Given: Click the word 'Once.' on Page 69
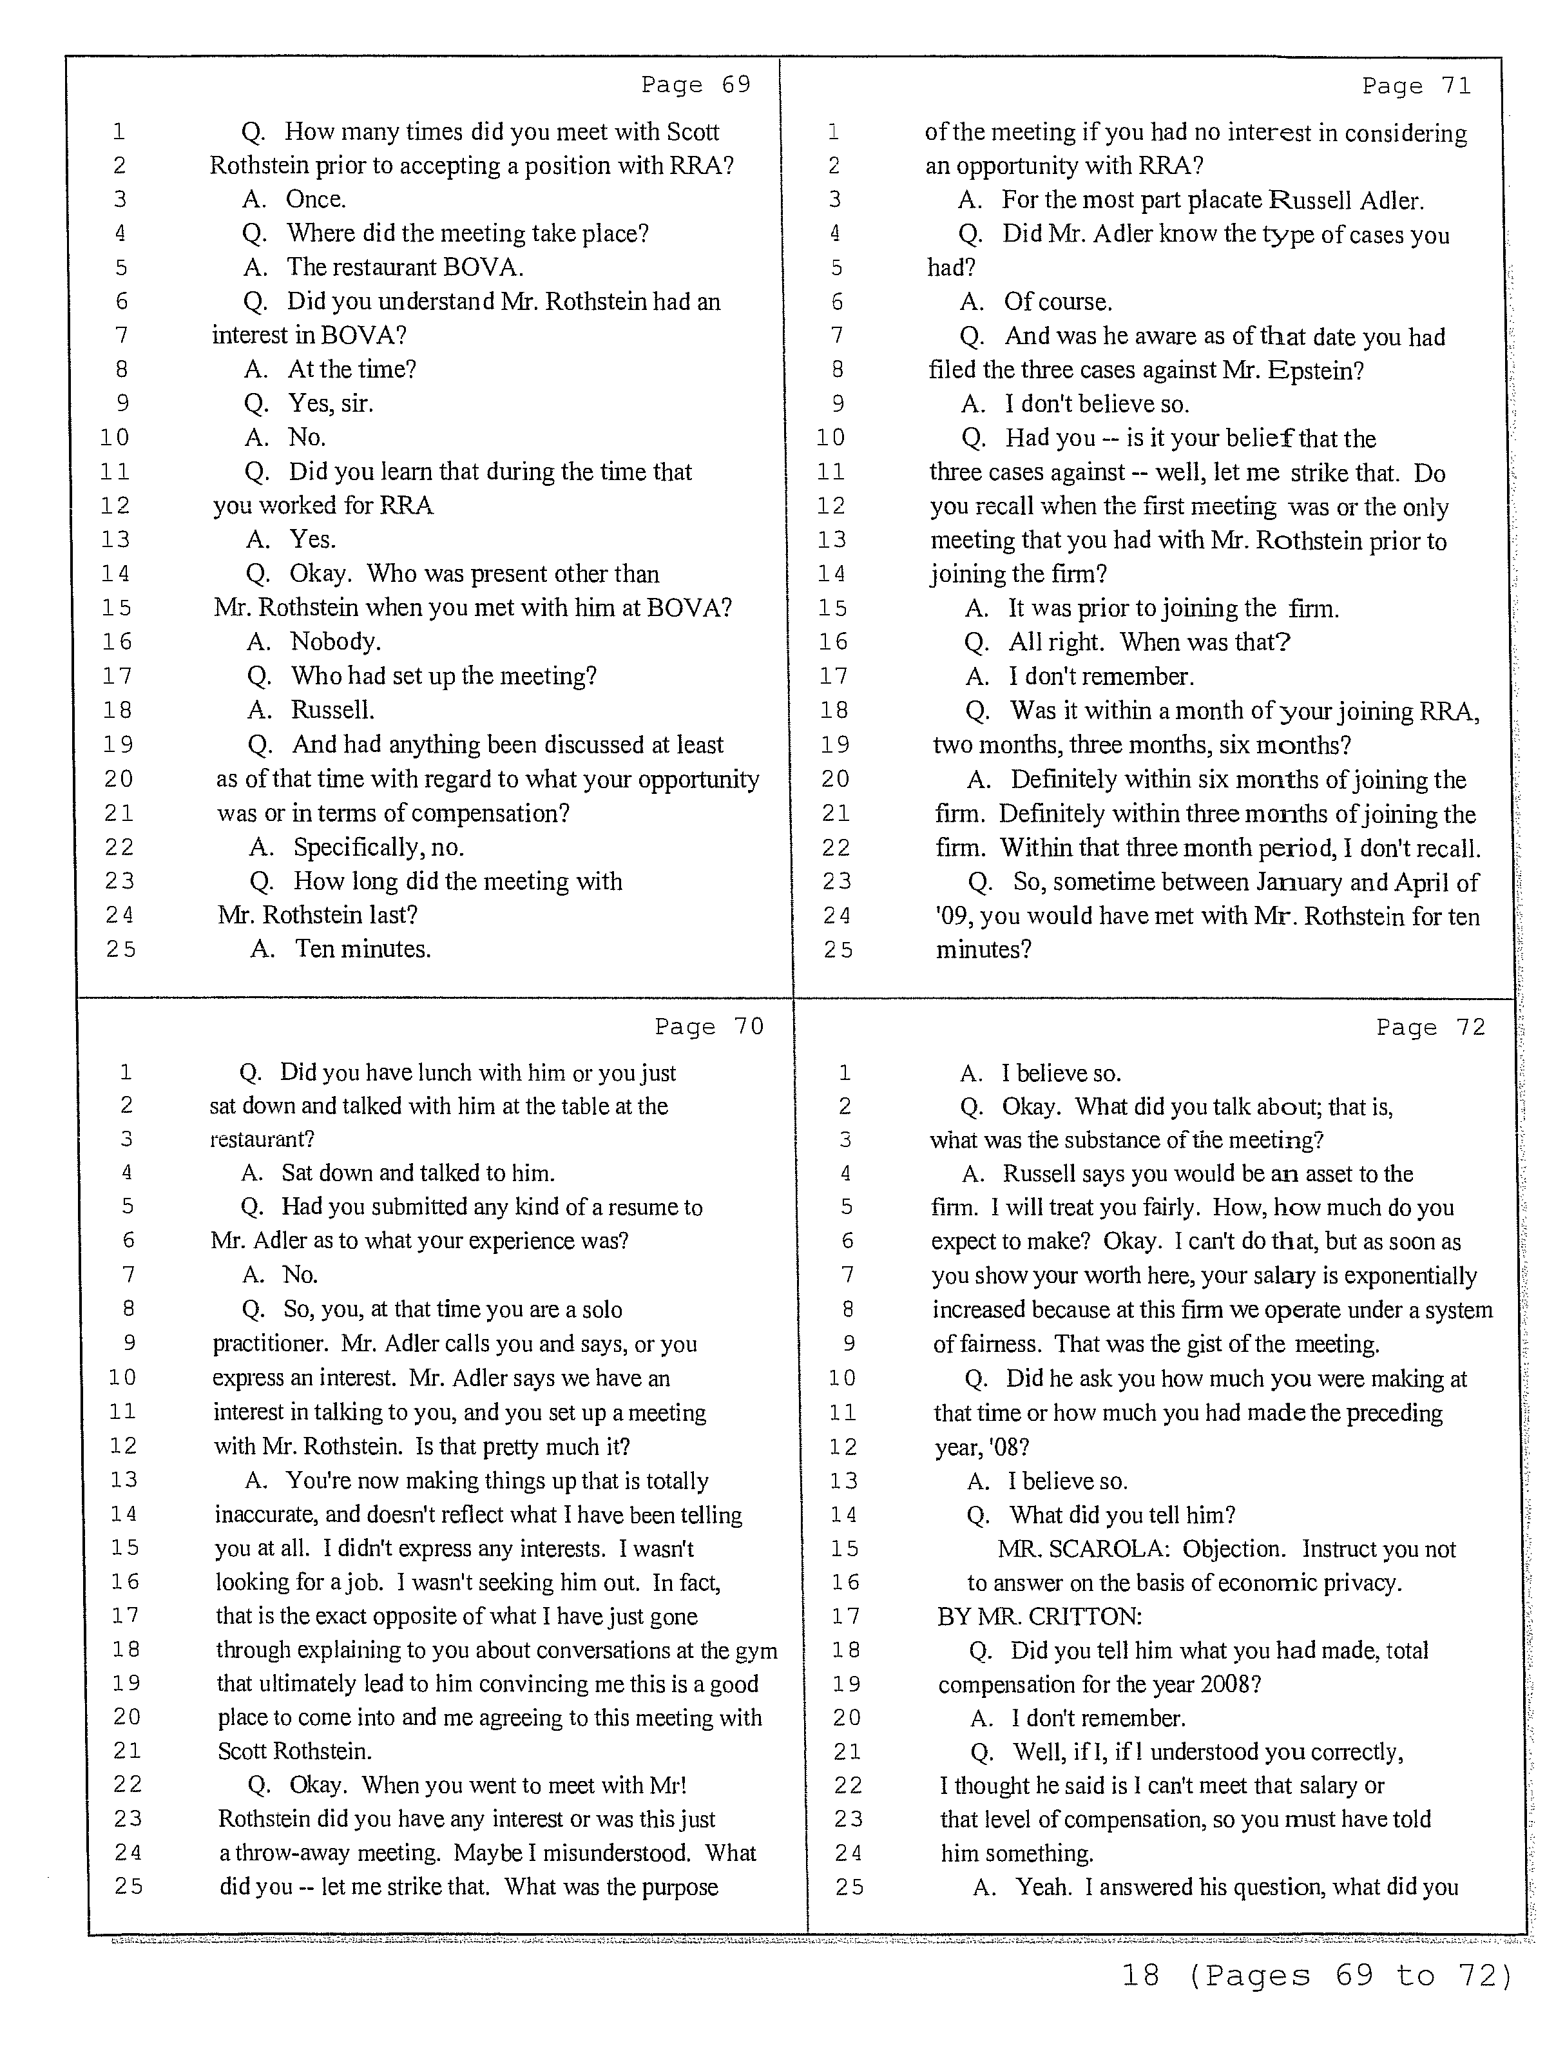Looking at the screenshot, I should coord(316,200).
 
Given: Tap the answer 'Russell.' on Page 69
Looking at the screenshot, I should coord(332,710).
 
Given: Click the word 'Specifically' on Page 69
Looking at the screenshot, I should coord(358,847).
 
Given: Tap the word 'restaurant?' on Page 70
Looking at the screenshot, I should coord(262,1139).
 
